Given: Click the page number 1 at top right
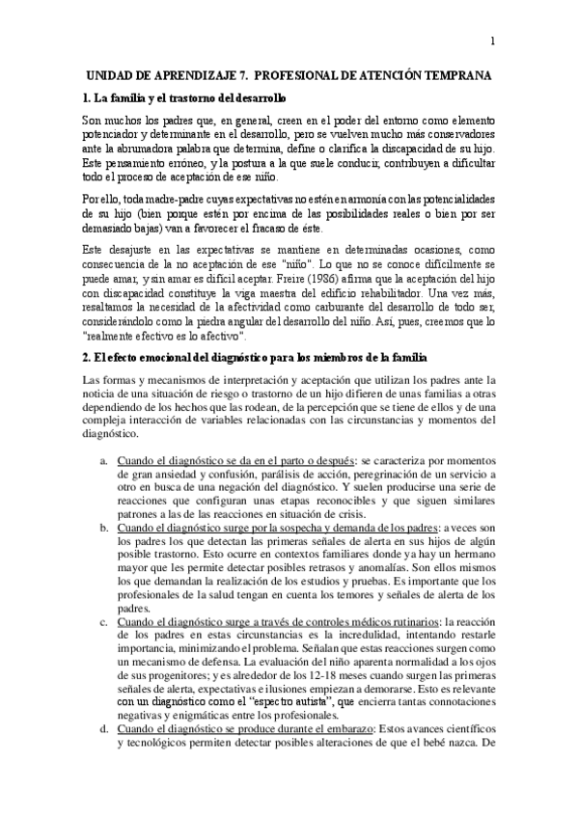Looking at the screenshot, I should click(x=493, y=41).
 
